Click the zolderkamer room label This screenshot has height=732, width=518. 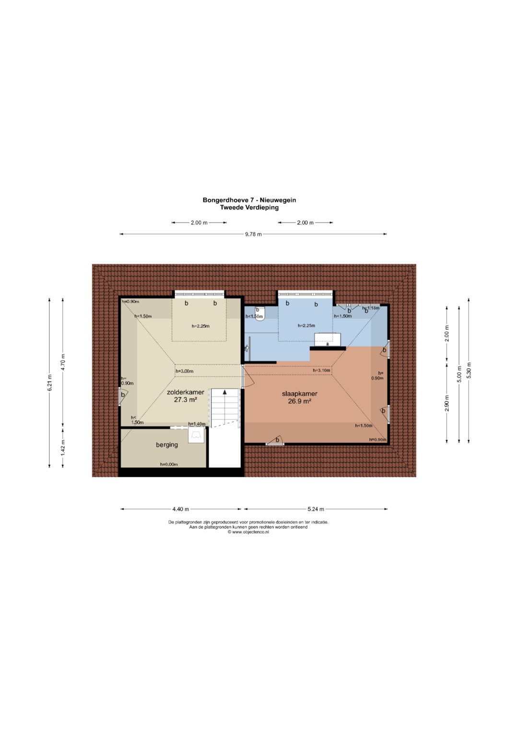pos(186,392)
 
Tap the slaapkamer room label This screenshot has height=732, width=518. pos(300,394)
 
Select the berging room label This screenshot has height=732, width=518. pos(167,445)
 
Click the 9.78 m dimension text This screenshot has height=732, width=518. pos(253,234)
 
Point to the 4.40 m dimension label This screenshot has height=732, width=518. pos(180,509)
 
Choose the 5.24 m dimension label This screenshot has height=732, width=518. pos(316,509)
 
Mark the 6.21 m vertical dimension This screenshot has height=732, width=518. pos(50,383)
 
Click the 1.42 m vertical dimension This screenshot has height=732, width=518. pos(63,448)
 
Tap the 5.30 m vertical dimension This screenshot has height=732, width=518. pos(469,370)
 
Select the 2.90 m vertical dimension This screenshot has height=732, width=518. pos(447,404)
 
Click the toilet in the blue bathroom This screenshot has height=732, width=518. pos(260,314)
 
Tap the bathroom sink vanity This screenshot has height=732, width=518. pos(327,340)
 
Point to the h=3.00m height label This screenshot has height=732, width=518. pos(185,371)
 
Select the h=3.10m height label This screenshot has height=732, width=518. pos(322,371)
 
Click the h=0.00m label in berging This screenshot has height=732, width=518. pos(169,465)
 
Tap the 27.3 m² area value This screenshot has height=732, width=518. pos(186,399)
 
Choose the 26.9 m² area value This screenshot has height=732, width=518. pos(299,401)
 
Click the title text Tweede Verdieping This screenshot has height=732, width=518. pos(249,207)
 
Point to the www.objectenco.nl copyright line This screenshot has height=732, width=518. pos(248,532)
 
